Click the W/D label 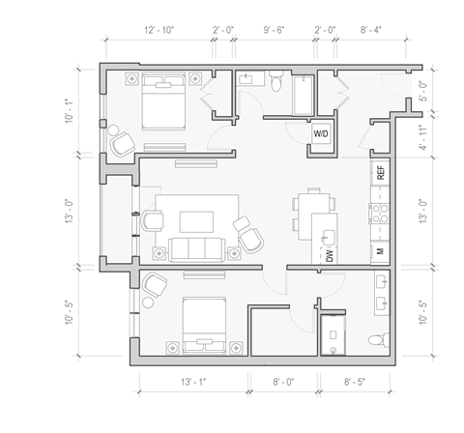click(320, 133)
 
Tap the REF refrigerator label click(381, 174)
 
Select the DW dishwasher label click(329, 256)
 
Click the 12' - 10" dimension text click(158, 31)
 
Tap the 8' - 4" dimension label click(372, 31)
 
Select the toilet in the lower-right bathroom click(379, 338)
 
